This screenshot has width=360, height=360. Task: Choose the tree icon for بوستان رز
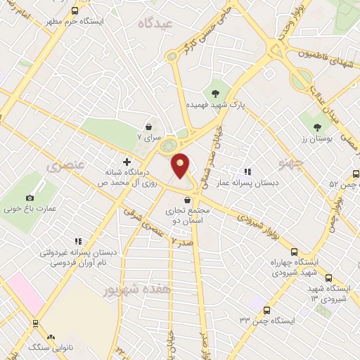(317, 127)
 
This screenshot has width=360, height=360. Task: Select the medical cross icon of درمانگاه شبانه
(127, 162)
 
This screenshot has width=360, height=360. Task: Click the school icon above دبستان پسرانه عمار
(247, 171)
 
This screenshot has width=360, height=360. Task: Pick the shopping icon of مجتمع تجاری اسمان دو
(186, 201)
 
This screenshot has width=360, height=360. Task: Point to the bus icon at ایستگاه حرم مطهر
(75, 11)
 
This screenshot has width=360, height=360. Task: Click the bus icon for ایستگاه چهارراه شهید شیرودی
(294, 252)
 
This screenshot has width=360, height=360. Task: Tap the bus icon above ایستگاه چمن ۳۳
(266, 309)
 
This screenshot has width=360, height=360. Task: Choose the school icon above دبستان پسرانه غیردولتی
(78, 241)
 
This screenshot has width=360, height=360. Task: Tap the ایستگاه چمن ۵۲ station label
(342, 184)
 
